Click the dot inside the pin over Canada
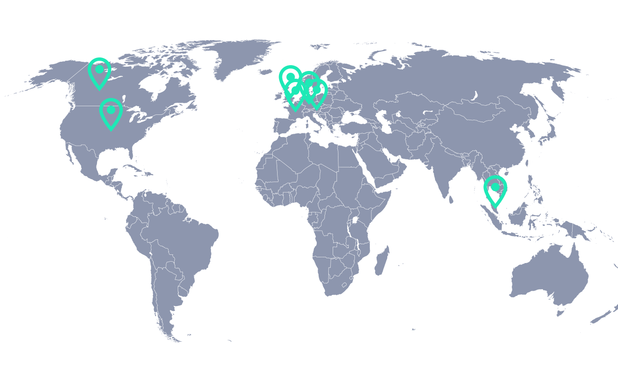(99, 69)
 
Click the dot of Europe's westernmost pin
(290, 76)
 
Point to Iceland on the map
(265, 72)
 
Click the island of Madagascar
(382, 261)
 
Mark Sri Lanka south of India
(450, 198)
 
